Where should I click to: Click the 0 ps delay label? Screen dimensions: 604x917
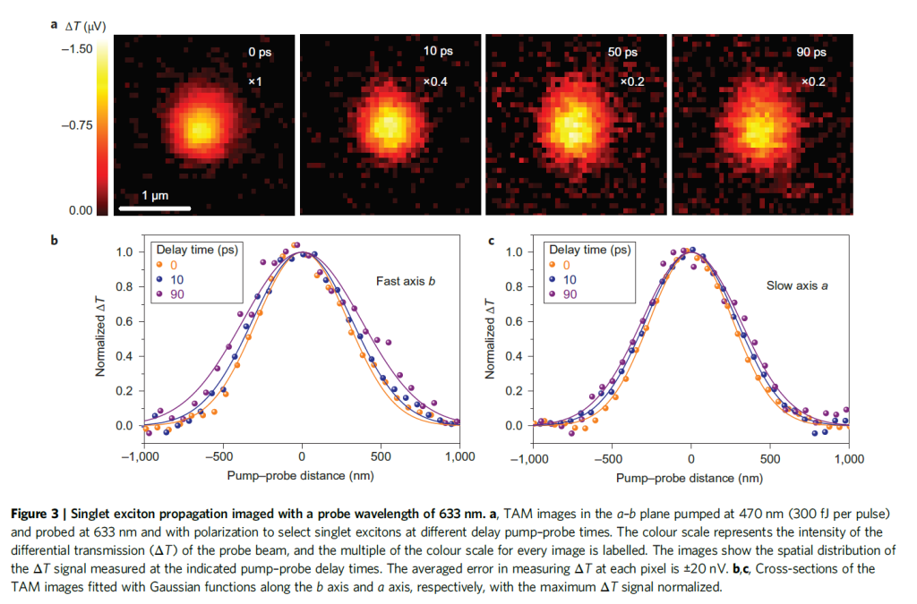(x=260, y=53)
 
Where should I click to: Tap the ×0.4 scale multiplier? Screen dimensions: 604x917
(x=437, y=82)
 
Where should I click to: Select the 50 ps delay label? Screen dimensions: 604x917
(x=622, y=53)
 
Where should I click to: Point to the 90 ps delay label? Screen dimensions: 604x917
(x=811, y=53)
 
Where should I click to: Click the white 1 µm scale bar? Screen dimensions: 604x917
(x=154, y=208)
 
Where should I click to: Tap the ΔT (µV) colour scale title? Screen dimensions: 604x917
(x=86, y=27)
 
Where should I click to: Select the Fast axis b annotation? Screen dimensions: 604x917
(x=406, y=281)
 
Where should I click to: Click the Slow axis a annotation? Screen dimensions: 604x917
(x=795, y=285)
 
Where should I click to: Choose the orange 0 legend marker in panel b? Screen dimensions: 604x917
(x=160, y=264)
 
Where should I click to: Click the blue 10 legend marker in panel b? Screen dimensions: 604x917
(x=160, y=279)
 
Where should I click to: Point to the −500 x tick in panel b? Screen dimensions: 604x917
(x=223, y=457)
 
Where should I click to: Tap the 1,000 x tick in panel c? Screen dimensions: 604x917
(x=848, y=457)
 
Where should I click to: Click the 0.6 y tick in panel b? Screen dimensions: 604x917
(x=124, y=321)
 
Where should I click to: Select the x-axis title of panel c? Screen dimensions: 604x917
(x=690, y=478)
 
